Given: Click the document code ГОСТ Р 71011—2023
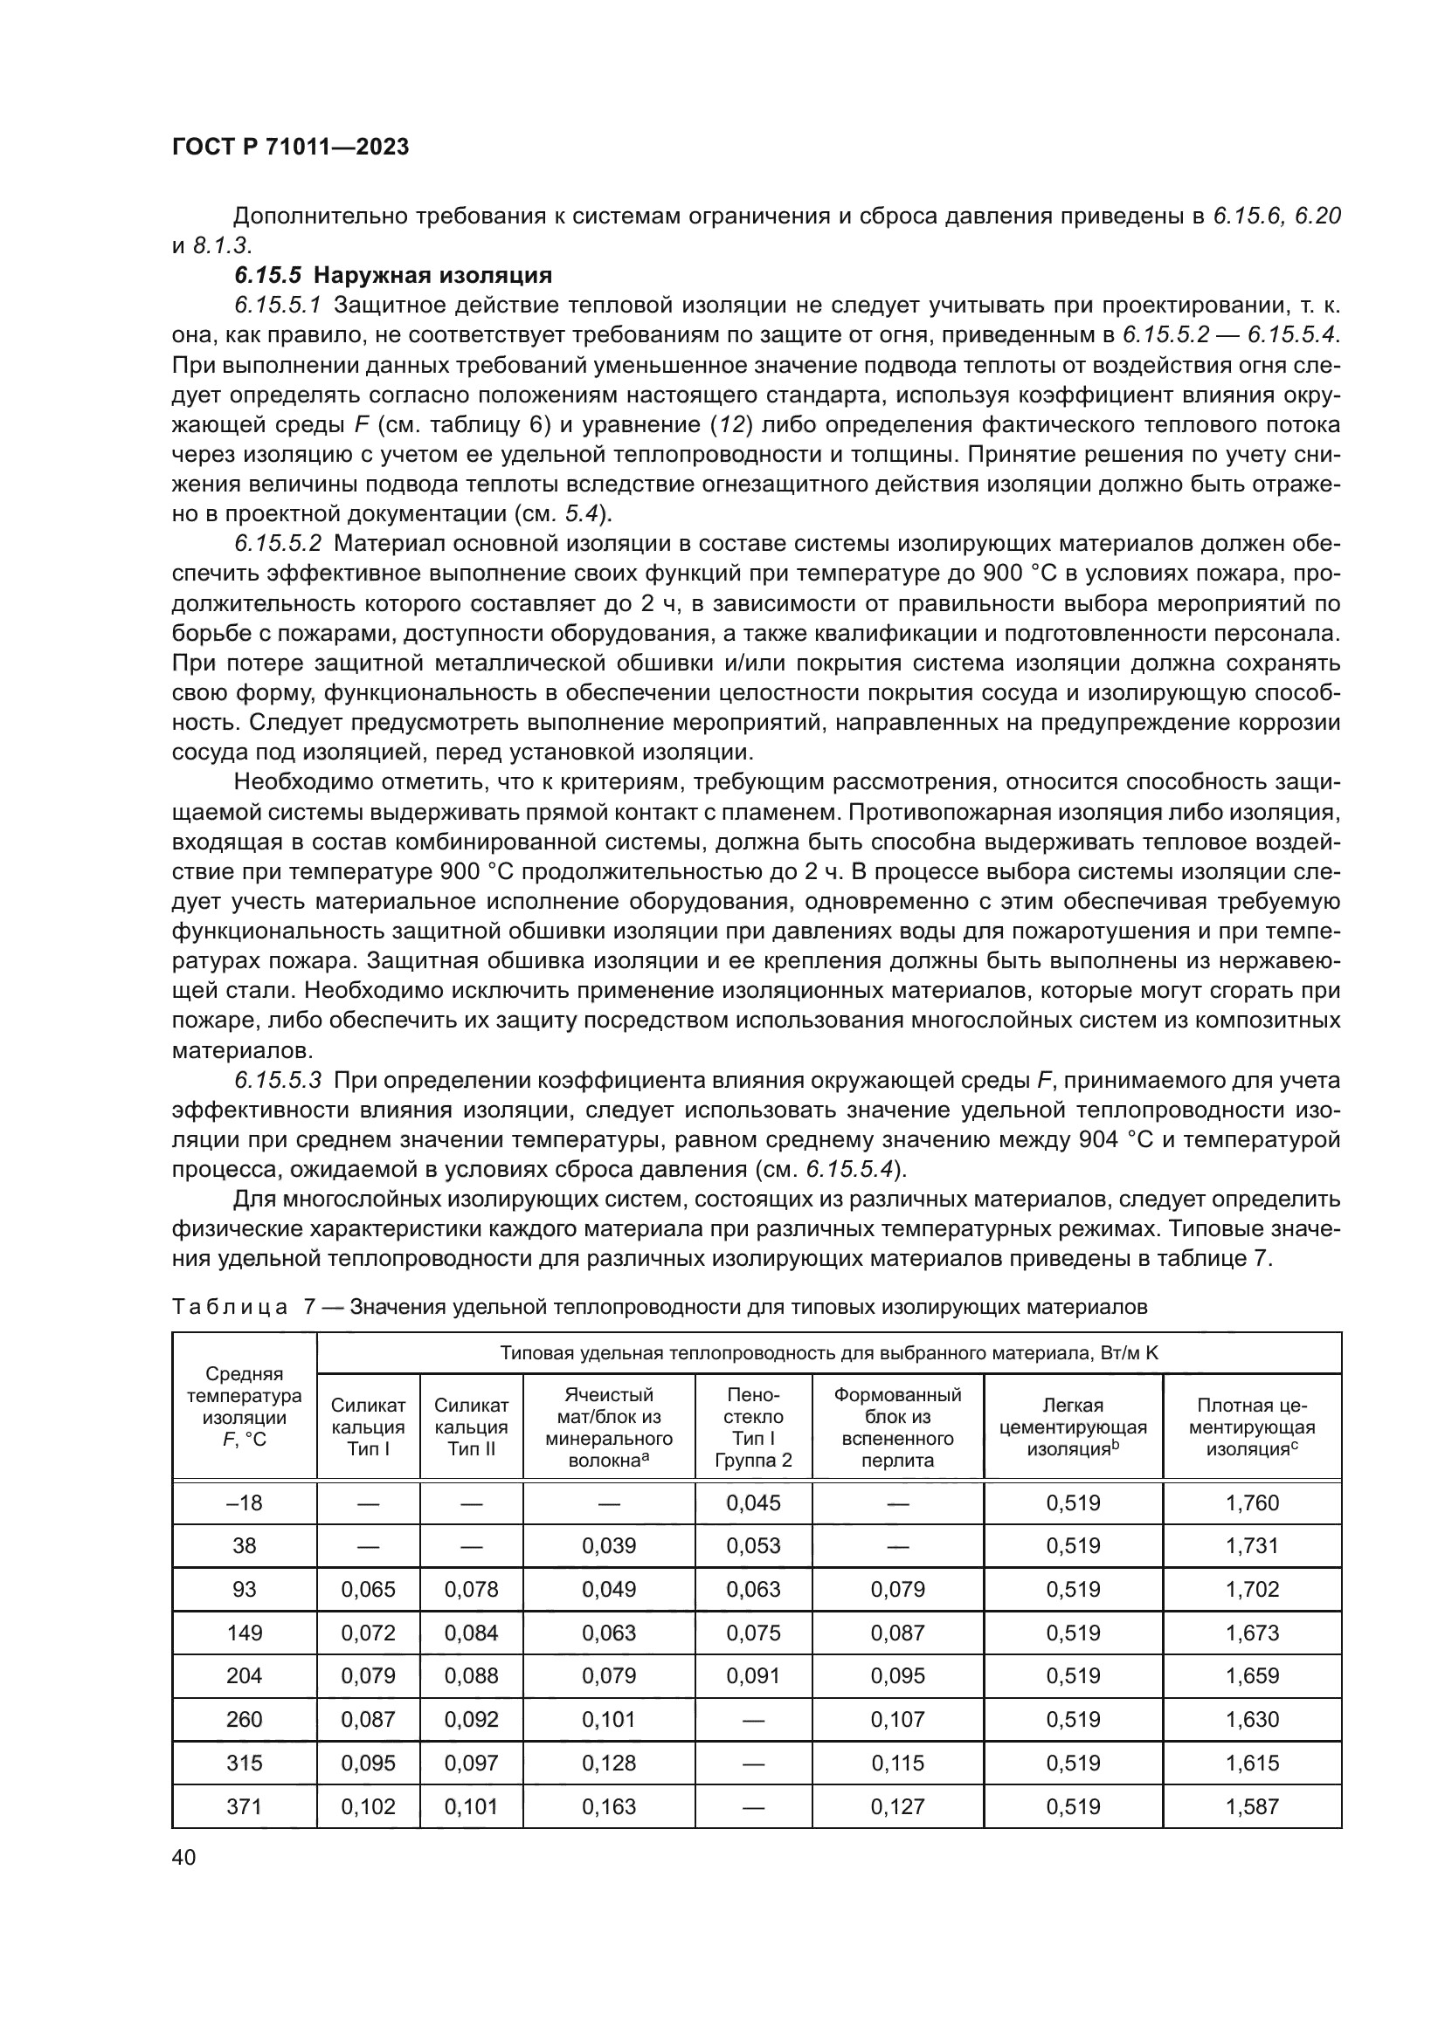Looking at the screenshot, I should (x=290, y=147).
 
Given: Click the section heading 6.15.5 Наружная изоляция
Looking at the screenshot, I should (x=393, y=275).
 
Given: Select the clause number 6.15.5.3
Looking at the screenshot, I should (x=278, y=1081).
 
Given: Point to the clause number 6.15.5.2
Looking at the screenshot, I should (x=278, y=543).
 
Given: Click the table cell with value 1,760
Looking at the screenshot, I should (x=1251, y=1503).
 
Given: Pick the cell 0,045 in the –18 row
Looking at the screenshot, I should (x=753, y=1503).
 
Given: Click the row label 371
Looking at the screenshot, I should (x=244, y=1806).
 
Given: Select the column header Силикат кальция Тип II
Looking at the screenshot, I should (x=471, y=1427).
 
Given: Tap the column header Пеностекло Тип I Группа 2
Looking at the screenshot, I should (x=753, y=1427).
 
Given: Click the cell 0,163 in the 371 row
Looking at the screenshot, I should (x=609, y=1806).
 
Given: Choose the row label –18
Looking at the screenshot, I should (x=244, y=1503).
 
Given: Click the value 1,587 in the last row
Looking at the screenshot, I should (x=1251, y=1806).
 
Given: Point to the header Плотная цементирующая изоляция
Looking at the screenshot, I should (x=1251, y=1427).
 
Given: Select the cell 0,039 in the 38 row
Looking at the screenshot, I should (x=609, y=1546).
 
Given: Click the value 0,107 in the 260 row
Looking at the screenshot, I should (x=897, y=1719).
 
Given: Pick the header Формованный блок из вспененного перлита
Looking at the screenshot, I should (x=897, y=1427).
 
